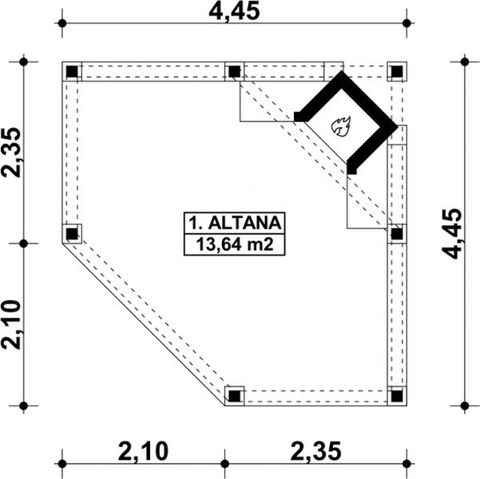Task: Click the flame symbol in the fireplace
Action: (342, 125)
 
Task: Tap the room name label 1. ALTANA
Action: (234, 221)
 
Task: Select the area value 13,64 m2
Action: (234, 243)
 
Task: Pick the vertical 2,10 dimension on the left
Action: (13, 324)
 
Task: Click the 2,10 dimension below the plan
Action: (145, 452)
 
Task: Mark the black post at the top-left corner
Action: (72, 72)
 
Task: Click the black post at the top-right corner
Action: (396, 72)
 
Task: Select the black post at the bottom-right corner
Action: (396, 395)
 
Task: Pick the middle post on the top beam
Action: (234, 72)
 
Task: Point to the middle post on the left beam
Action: (72, 234)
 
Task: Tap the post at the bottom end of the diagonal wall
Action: (234, 395)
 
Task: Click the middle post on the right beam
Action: (396, 234)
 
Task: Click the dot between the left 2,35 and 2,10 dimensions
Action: (24, 243)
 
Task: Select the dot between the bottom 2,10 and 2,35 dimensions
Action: (224, 461)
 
